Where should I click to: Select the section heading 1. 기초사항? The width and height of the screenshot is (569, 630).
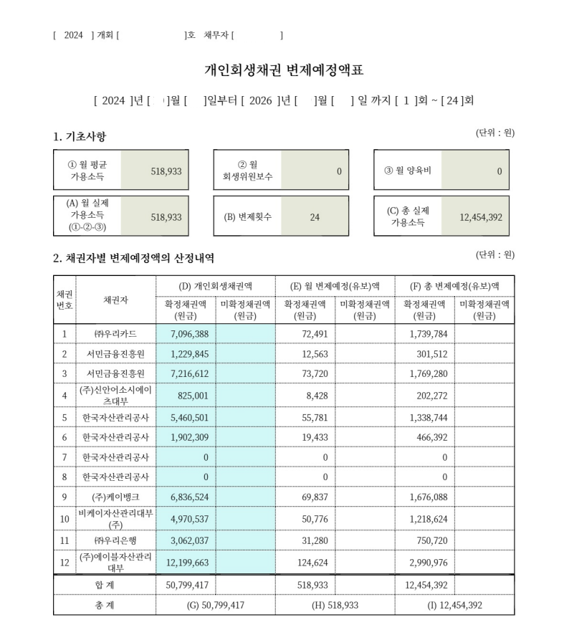click(80, 136)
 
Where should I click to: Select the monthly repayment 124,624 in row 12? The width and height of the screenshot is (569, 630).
click(312, 563)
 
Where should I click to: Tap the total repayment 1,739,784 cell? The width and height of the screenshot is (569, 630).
click(427, 334)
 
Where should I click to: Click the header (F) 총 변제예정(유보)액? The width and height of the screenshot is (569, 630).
click(454, 285)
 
